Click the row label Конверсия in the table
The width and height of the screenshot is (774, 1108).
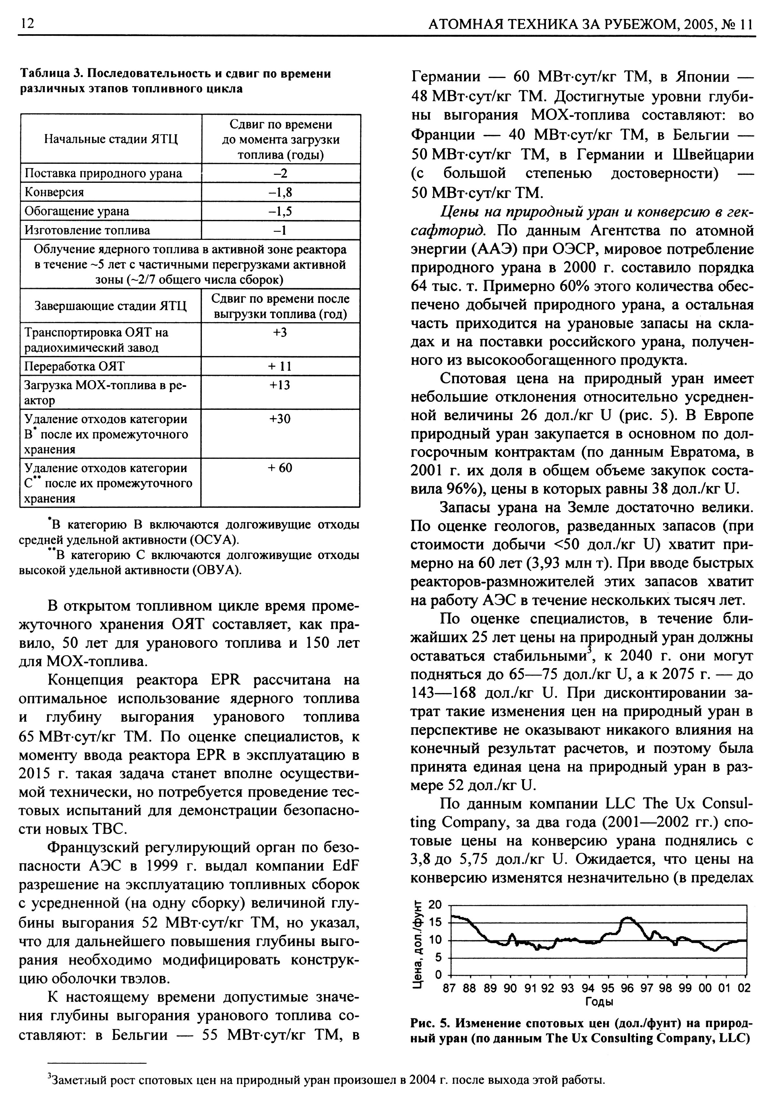coord(54,193)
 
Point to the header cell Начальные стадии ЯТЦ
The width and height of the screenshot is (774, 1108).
coord(111,139)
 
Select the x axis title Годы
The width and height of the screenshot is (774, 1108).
coord(599,1001)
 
